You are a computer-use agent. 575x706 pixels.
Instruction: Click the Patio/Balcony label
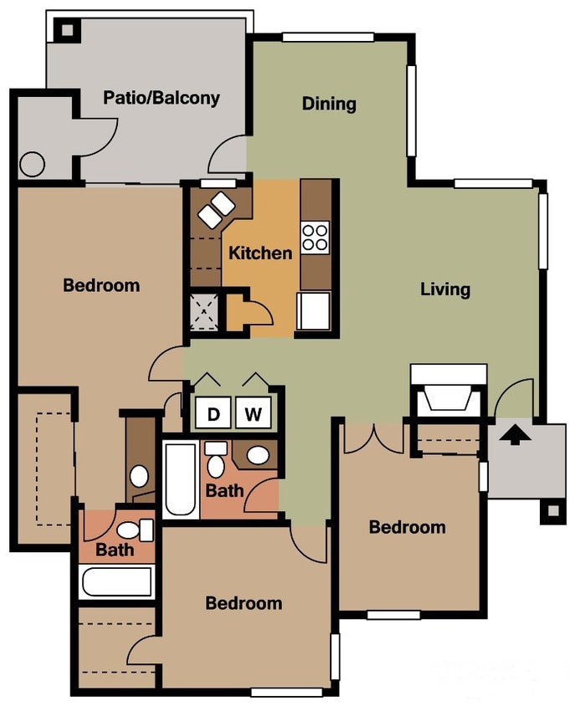pyautogui.click(x=162, y=98)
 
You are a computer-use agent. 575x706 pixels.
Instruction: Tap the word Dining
pyautogui.click(x=329, y=104)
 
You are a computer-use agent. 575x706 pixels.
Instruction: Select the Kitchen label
pyautogui.click(x=261, y=253)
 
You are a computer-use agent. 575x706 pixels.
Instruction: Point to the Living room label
pyautogui.click(x=444, y=289)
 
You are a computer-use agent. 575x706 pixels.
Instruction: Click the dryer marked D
pyautogui.click(x=213, y=412)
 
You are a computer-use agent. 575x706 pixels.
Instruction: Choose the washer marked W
pyautogui.click(x=253, y=412)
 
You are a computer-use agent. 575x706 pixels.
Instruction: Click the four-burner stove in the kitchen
pyautogui.click(x=315, y=238)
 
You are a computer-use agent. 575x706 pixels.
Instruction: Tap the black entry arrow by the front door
pyautogui.click(x=516, y=435)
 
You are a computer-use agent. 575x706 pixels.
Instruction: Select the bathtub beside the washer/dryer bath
pyautogui.click(x=182, y=480)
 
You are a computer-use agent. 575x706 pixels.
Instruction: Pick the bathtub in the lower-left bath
pyautogui.click(x=117, y=581)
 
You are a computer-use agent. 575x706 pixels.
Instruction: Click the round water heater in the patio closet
pyautogui.click(x=32, y=164)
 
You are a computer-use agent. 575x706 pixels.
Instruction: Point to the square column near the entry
pyautogui.click(x=552, y=509)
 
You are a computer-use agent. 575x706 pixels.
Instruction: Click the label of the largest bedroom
pyautogui.click(x=101, y=285)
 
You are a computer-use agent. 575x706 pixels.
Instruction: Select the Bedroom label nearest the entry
pyautogui.click(x=407, y=527)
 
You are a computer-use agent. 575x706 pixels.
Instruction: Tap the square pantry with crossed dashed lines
pyautogui.click(x=205, y=311)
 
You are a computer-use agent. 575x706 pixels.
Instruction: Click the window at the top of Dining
pyautogui.click(x=327, y=37)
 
